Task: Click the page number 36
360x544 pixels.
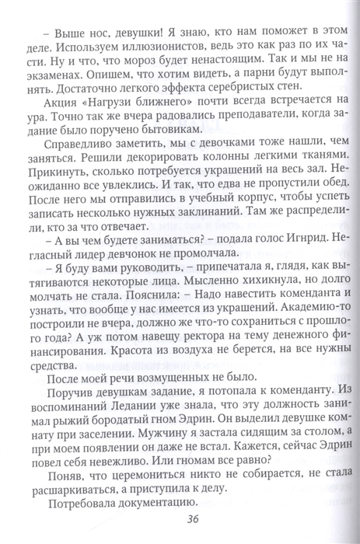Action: point(185,520)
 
